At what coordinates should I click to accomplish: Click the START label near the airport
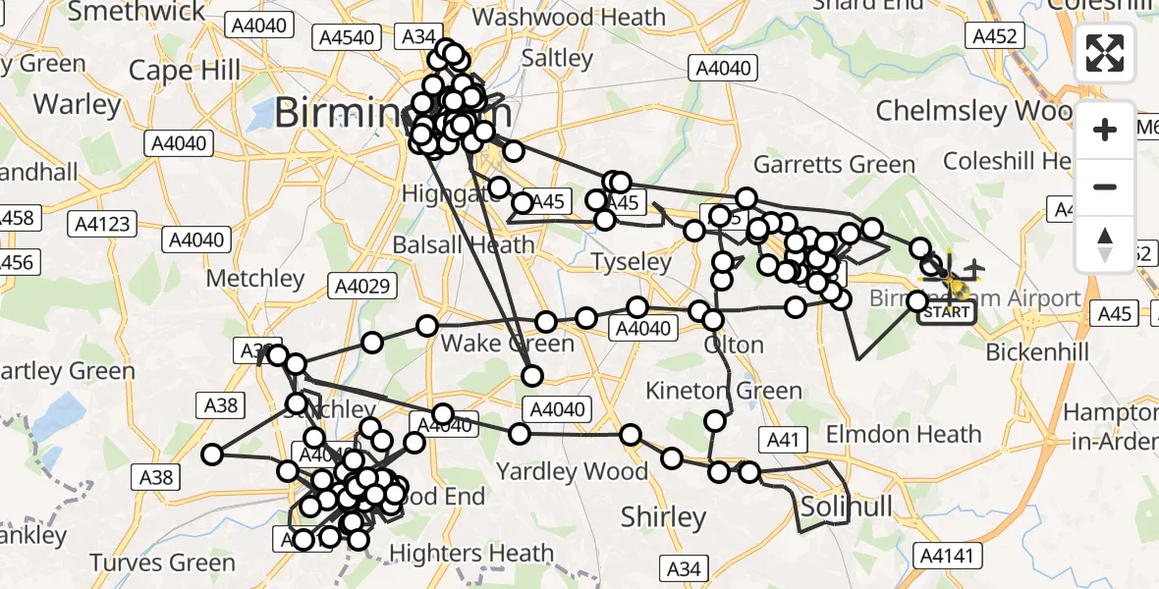[x=946, y=313]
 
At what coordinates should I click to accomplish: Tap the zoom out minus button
[x=1105, y=187]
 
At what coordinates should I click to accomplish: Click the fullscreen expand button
[x=1105, y=53]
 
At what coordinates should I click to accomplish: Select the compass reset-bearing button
[x=1105, y=244]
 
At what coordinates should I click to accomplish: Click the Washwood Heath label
[x=569, y=17]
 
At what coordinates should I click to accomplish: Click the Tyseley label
[x=632, y=262]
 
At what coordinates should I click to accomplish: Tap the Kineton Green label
[x=725, y=391]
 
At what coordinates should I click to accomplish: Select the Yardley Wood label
[x=572, y=471]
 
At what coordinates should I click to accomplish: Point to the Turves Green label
[x=162, y=562]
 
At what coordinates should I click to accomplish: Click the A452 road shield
[x=995, y=36]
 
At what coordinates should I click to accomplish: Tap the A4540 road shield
[x=344, y=37]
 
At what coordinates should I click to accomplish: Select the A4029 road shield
[x=364, y=287]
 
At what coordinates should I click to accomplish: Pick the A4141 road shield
[x=948, y=557]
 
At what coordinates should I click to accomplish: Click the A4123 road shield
[x=103, y=225]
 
